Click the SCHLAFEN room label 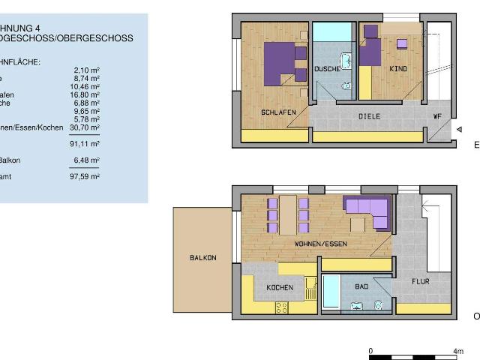pyautogui.click(x=278, y=112)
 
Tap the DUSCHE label pyautogui.click(x=327, y=69)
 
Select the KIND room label pyautogui.click(x=398, y=69)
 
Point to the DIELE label pyautogui.click(x=369, y=117)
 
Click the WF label pyautogui.click(x=436, y=117)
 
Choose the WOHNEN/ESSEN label pyautogui.click(x=320, y=244)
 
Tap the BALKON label pyautogui.click(x=202, y=258)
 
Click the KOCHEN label pyautogui.click(x=279, y=288)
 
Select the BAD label pyautogui.click(x=361, y=286)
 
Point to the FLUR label pyautogui.click(x=421, y=282)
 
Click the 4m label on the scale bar pyautogui.click(x=458, y=350)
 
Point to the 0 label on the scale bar pyautogui.click(x=370, y=350)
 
